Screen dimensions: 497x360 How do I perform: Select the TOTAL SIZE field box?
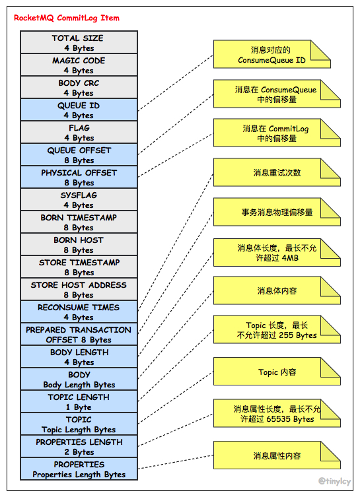click(79, 43)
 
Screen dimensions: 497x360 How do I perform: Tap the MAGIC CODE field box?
click(79, 65)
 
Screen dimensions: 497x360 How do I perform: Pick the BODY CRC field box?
click(79, 88)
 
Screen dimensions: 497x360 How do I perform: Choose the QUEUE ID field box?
click(79, 110)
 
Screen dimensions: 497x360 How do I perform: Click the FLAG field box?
click(79, 133)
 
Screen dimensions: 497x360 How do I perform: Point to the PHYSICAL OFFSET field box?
click(79, 178)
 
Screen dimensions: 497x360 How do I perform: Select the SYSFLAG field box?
click(79, 200)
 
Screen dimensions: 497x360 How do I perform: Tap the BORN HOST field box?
click(79, 245)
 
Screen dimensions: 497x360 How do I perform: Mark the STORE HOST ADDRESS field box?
click(79, 290)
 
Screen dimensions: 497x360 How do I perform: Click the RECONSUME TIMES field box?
click(79, 312)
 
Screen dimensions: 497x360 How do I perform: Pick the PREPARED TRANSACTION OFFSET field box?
click(79, 335)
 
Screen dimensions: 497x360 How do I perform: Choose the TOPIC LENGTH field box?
click(79, 402)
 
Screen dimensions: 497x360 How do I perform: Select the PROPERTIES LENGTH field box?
click(79, 447)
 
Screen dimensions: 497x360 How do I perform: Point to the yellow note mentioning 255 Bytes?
click(276, 330)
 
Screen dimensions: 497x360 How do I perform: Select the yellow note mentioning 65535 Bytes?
click(276, 414)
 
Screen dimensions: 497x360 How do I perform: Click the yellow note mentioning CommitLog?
click(276, 133)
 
